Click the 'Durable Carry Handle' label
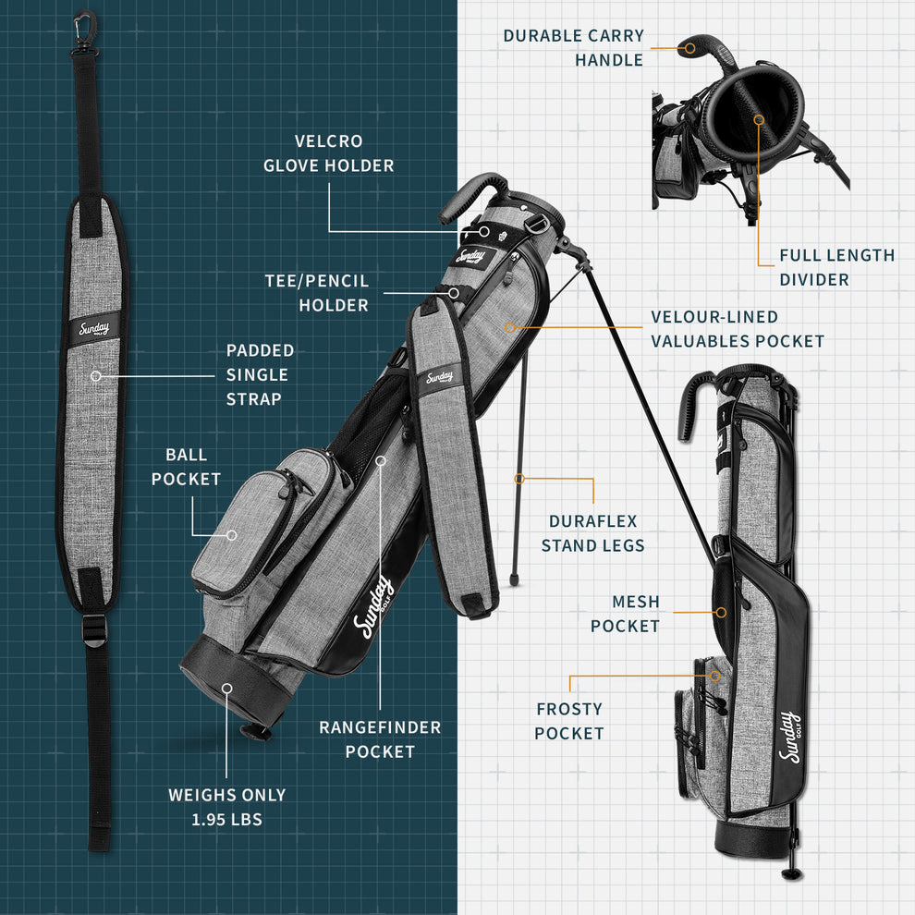[573, 48]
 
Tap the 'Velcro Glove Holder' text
[328, 153]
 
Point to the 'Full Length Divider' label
[836, 267]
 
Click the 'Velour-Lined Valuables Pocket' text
[737, 329]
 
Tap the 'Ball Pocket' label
[186, 467]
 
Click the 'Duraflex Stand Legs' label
[592, 533]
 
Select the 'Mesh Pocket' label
[625, 614]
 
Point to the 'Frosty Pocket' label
[569, 721]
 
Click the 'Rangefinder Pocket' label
[380, 739]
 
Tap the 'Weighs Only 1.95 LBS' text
[226, 807]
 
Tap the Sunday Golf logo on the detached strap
[92, 330]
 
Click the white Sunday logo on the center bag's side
[377, 609]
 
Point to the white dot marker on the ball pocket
[232, 534]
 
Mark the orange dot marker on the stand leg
[519, 479]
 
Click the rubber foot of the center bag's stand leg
[514, 581]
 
